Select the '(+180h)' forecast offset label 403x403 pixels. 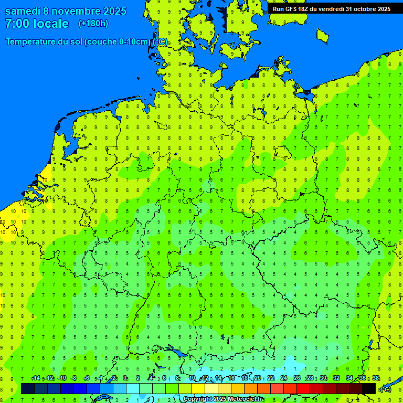[x=93, y=24]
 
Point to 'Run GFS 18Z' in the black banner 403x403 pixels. [x=292, y=9]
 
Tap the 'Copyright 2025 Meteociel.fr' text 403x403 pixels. [x=223, y=399]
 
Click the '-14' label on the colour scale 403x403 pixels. [x=36, y=378]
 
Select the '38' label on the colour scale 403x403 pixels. [x=376, y=378]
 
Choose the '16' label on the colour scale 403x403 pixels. [x=231, y=378]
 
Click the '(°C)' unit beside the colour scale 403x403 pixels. [x=385, y=389]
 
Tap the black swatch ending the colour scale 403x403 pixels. [x=369, y=389]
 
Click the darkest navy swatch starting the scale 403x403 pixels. [x=28, y=389]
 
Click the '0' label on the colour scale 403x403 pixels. [x=125, y=378]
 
